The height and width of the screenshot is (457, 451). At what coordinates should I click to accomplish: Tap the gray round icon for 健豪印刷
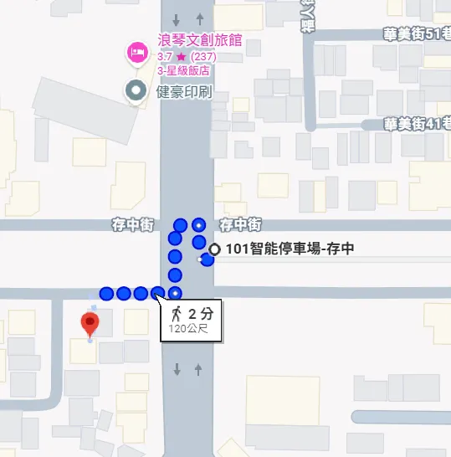[x=134, y=90]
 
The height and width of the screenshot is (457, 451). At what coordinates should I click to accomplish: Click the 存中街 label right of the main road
[x=240, y=224]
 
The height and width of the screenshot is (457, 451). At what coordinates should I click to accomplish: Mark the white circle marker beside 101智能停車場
[x=215, y=249]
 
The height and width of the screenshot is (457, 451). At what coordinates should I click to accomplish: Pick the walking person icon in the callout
[x=176, y=315]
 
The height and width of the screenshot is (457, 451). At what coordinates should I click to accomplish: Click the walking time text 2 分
[x=200, y=315]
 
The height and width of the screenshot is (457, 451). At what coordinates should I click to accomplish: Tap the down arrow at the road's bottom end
[x=177, y=369]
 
